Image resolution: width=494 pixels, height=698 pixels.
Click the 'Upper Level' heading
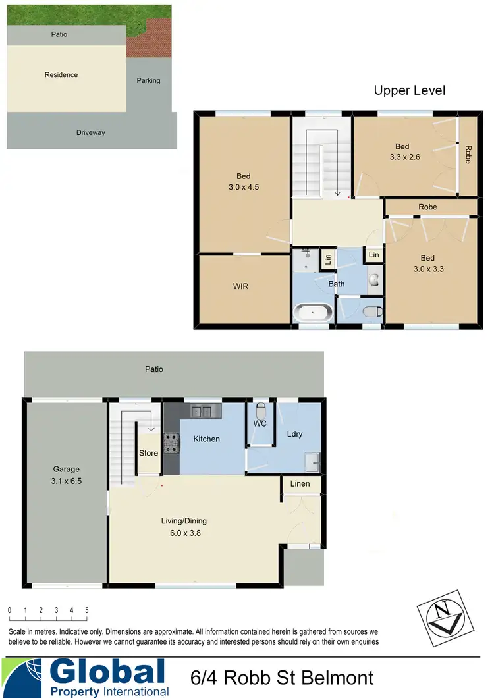point(409,90)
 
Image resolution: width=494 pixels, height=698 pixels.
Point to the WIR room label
point(240,287)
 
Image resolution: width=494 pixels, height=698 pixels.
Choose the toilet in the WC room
point(261,409)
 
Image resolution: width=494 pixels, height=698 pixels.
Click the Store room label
point(149,453)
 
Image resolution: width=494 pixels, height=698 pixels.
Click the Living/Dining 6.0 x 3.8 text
point(184,527)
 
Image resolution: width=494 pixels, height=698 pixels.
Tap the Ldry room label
point(294,435)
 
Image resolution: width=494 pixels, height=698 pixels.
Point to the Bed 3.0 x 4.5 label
point(243,181)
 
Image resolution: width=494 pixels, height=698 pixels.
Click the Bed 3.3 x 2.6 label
point(402,152)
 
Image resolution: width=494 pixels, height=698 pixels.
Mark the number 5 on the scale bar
point(87,610)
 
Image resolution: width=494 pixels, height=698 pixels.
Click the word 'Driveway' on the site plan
point(90,132)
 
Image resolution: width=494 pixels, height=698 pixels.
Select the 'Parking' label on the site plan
point(148,80)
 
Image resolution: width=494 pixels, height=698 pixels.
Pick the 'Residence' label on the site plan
point(61,74)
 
